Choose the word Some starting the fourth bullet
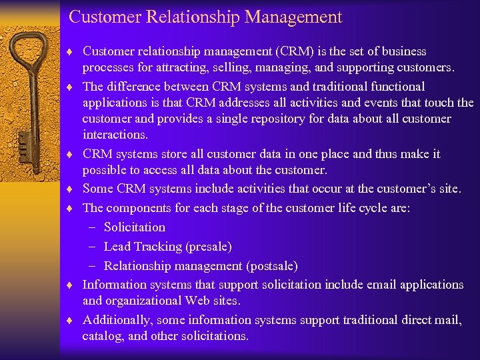pos(99,189)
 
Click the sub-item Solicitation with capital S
pos(135,227)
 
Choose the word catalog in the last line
pos(102,336)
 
